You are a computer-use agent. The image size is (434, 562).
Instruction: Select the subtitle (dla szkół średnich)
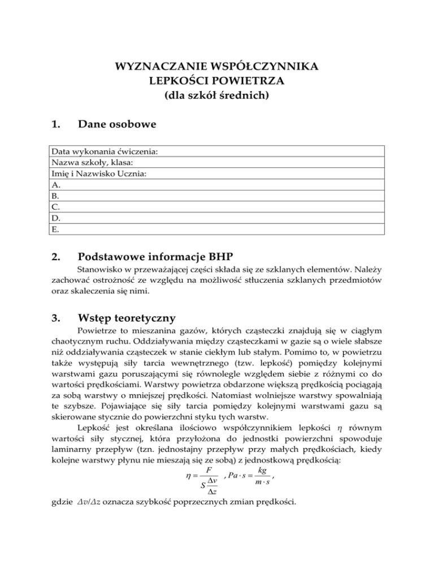[216, 96]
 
